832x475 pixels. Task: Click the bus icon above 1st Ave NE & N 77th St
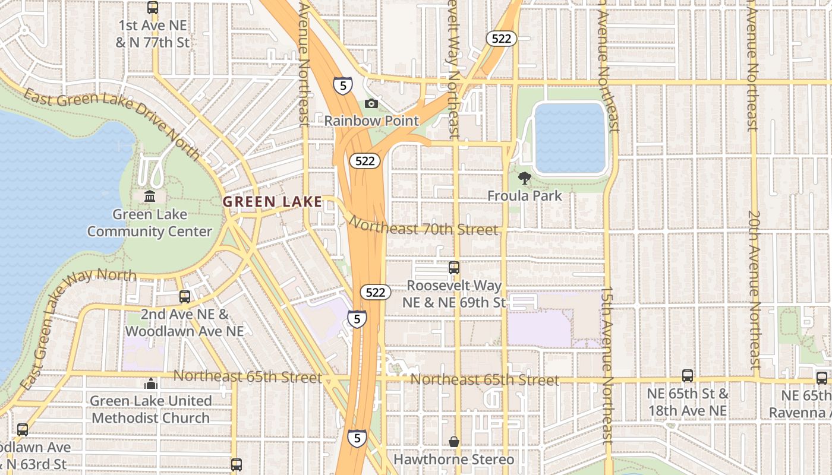coord(153,8)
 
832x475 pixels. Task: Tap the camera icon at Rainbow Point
coord(371,104)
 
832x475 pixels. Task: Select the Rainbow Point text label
coord(371,121)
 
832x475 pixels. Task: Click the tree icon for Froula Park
coord(524,178)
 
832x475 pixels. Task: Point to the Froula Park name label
coord(524,195)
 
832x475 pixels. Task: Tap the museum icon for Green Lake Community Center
coord(150,196)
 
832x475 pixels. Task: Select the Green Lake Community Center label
coord(150,223)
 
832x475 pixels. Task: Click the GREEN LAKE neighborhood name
coord(272,202)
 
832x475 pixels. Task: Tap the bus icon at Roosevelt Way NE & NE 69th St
coord(454,268)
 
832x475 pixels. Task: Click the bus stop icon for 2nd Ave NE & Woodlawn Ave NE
coord(185,296)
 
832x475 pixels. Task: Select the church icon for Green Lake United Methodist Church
coord(151,384)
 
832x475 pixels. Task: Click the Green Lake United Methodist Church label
coord(150,410)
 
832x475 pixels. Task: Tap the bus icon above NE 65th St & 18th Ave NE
coord(688,376)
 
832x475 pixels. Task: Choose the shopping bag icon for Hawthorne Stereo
coord(454,442)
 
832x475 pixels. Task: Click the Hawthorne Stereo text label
coord(454,460)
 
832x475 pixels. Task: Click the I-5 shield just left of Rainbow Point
coord(342,86)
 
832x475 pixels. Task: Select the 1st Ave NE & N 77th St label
coord(153,34)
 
